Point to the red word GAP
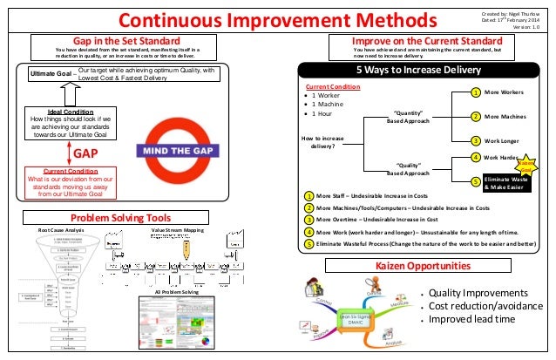pyautogui.click(x=84, y=153)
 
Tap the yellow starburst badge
pyautogui.click(x=526, y=164)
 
